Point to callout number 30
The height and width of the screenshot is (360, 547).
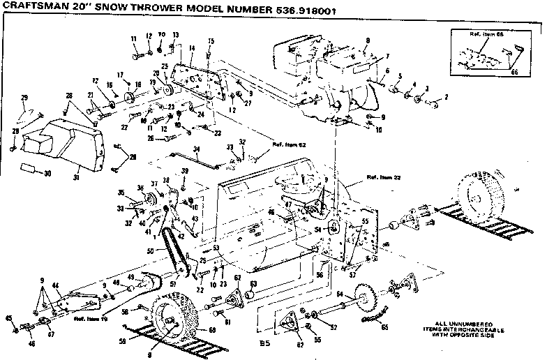point(47,173)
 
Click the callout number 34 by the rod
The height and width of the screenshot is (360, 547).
point(197,149)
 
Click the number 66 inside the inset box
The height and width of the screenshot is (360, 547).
point(516,70)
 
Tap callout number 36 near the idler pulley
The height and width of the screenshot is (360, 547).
point(140,186)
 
